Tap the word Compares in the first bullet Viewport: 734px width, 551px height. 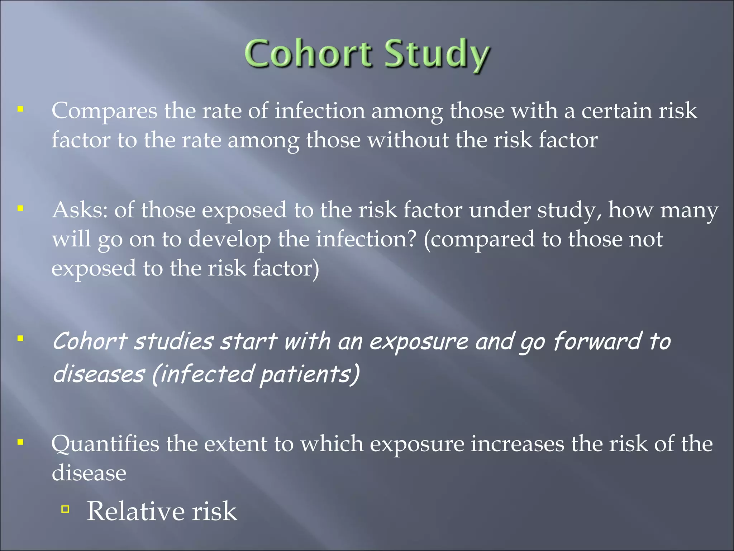tap(104, 111)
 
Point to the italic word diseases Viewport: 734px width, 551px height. tap(99, 374)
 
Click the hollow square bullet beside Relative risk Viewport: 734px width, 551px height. tap(65, 509)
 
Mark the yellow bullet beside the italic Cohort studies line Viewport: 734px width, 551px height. tap(20, 338)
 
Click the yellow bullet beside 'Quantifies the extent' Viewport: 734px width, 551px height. tap(20, 442)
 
